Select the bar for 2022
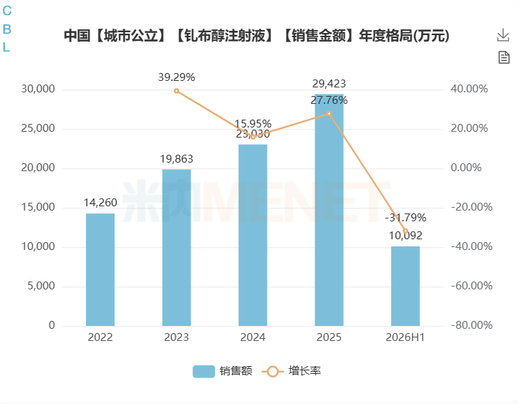pyautogui.click(x=100, y=269)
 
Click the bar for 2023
pyautogui.click(x=176, y=247)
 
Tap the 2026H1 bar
pyautogui.click(x=405, y=286)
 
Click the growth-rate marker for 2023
pyautogui.click(x=176, y=91)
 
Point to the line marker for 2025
pyautogui.click(x=329, y=113)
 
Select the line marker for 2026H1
pyautogui.click(x=405, y=231)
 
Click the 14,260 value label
pyautogui.click(x=100, y=203)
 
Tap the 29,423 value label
pyautogui.click(x=329, y=83)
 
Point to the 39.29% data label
pyautogui.click(x=176, y=77)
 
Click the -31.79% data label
pyautogui.click(x=405, y=218)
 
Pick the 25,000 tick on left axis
pyautogui.click(x=38, y=128)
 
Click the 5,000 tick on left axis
pyautogui.click(x=41, y=286)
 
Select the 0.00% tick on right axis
pyautogui.click(x=466, y=168)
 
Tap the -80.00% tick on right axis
pyautogui.click(x=471, y=325)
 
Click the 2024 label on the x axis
pyautogui.click(x=253, y=337)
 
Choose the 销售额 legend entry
pyautogui.click(x=223, y=371)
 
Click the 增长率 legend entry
pyautogui.click(x=291, y=371)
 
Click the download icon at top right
pyautogui.click(x=503, y=35)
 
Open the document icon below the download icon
pyautogui.click(x=504, y=57)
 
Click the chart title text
pyautogui.click(x=256, y=36)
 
